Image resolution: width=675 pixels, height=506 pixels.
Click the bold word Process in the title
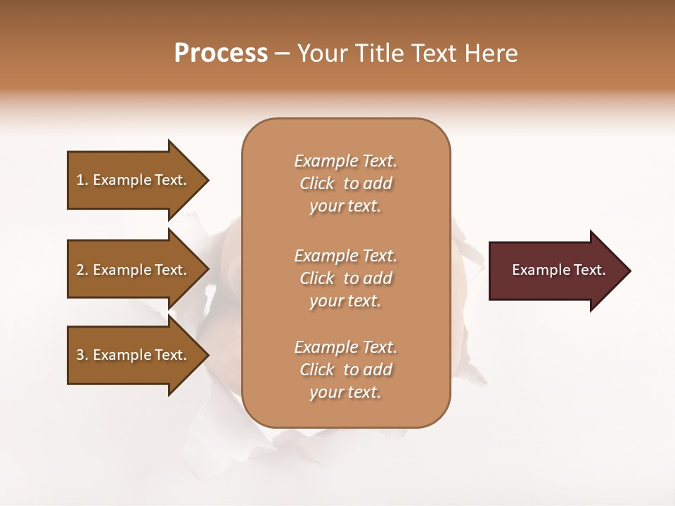pos(221,53)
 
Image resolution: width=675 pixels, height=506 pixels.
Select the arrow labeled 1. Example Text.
pos(134,180)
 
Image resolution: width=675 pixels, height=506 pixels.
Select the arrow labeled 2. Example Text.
pos(134,270)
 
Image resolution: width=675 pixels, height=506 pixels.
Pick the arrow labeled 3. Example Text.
pos(134,355)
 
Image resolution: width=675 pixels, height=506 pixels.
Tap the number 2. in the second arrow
pos(82,270)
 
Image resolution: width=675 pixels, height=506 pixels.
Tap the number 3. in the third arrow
pos(82,355)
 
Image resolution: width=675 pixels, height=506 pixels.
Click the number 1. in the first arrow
pos(82,180)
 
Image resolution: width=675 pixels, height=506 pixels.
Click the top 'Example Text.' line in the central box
pos(345,161)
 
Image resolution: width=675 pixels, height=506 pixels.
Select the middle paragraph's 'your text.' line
pos(345,301)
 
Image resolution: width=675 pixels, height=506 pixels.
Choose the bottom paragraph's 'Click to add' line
pos(345,370)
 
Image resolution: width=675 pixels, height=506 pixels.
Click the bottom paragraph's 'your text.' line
pos(345,392)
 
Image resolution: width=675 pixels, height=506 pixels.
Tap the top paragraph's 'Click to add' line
pos(345,183)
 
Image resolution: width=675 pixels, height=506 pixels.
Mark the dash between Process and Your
pos(283,53)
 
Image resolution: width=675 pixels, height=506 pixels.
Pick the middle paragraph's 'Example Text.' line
pos(345,256)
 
